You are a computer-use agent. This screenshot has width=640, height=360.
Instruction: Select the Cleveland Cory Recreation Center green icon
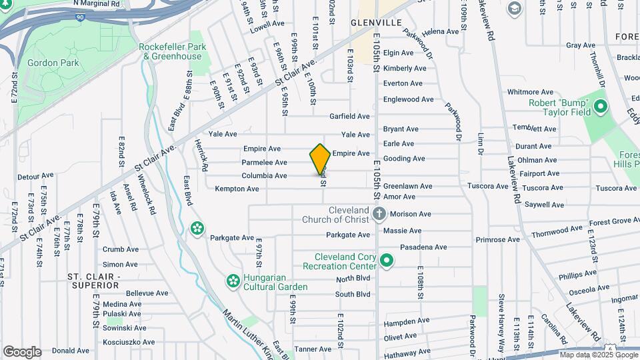pyautogui.click(x=387, y=261)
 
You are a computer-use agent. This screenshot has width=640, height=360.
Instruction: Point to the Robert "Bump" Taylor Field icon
pyautogui.click(x=600, y=107)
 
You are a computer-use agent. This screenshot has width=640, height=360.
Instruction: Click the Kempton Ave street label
pyautogui.click(x=237, y=189)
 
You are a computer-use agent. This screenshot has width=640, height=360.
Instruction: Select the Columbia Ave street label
pyautogui.click(x=264, y=175)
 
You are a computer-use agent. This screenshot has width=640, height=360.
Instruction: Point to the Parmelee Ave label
pyautogui.click(x=264, y=162)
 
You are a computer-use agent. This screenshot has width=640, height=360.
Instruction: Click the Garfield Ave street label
pyautogui.click(x=349, y=116)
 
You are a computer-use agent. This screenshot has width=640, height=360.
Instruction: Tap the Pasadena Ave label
pyautogui.click(x=423, y=247)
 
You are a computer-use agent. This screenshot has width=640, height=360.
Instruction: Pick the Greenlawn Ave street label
pyautogui.click(x=407, y=186)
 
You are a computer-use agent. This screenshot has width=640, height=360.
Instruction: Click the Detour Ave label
pyautogui.click(x=31, y=177)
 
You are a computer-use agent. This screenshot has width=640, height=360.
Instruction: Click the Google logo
pyautogui.click(x=22, y=352)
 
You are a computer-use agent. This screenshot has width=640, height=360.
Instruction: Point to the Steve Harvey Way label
pyautogui.click(x=501, y=327)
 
